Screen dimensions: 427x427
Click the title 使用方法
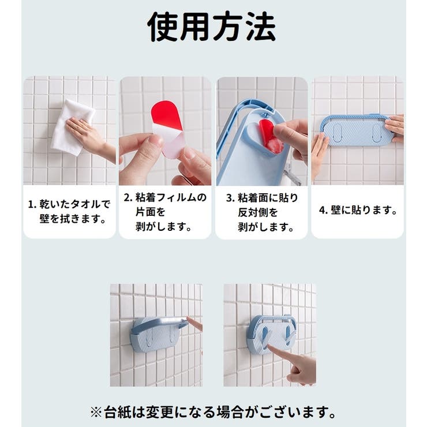212,27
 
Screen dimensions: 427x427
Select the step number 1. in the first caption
32,204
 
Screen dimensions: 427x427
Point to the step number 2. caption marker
128,197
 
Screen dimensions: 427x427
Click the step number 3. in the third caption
230,198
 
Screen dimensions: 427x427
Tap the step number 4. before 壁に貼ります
323,210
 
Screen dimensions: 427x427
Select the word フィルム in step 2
177,197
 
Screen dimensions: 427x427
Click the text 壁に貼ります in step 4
364,210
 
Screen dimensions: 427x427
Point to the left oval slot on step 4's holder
337,133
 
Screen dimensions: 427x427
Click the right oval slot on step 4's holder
377,133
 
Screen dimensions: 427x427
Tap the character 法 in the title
261,27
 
